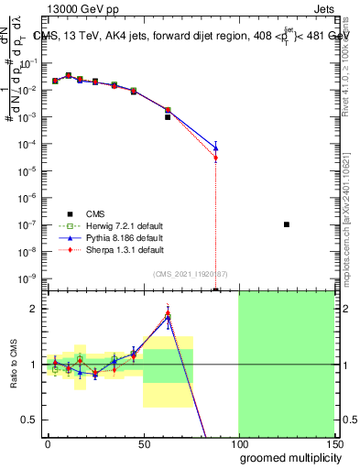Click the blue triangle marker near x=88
pyautogui.click(x=215, y=147)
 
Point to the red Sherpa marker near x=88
pyautogui.click(x=215, y=158)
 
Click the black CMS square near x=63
pyautogui.click(x=168, y=117)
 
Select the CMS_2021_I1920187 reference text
pyautogui.click(x=191, y=275)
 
